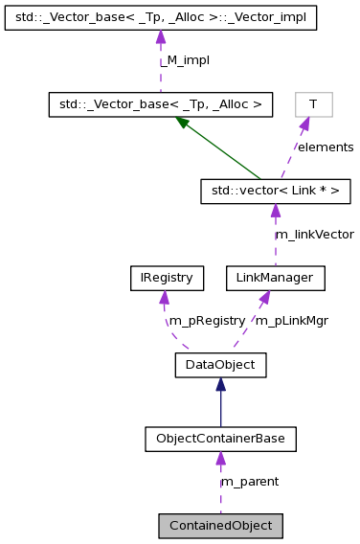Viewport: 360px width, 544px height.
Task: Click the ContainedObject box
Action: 220,525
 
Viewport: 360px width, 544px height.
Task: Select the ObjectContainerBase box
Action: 220,439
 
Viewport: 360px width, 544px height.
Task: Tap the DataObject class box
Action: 220,364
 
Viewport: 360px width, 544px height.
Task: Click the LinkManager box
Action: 275,278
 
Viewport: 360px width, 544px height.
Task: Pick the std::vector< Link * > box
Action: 275,192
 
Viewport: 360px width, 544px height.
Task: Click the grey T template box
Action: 312,103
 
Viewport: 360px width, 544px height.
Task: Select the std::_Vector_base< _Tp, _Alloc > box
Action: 161,103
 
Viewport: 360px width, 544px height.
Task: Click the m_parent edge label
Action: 251,482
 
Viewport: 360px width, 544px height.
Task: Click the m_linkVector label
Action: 314,234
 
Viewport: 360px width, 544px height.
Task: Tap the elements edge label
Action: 325,147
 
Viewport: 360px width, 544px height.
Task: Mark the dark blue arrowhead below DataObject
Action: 220,384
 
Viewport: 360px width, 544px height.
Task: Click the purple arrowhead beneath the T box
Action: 305,124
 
